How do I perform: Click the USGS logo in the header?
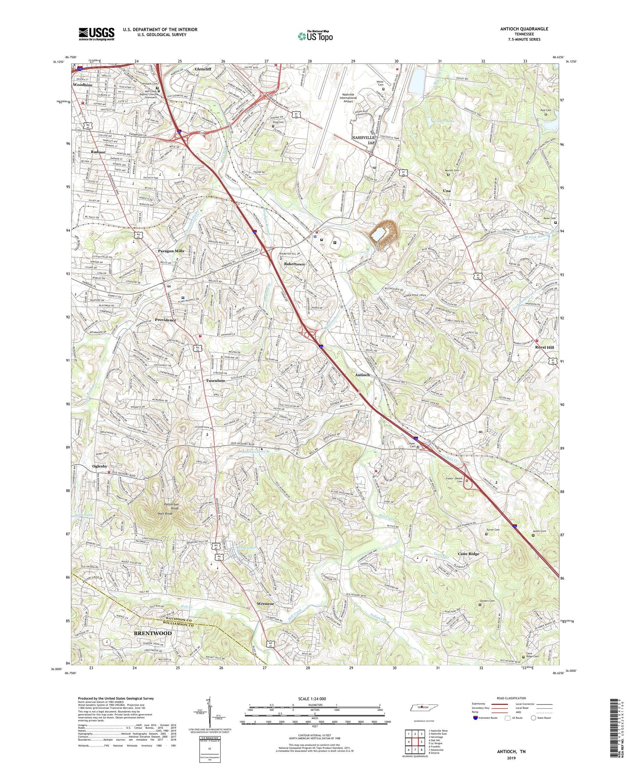click(x=96, y=34)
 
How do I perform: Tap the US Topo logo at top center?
click(x=315, y=36)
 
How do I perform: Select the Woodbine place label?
click(x=82, y=85)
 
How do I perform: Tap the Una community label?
click(x=446, y=191)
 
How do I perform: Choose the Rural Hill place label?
click(x=544, y=347)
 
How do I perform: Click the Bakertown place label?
click(x=294, y=264)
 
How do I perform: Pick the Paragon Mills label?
click(x=171, y=251)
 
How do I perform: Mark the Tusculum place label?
click(x=215, y=380)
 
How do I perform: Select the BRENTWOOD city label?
click(x=153, y=633)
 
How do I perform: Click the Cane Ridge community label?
click(x=468, y=554)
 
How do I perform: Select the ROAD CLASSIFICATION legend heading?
click(x=511, y=698)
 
